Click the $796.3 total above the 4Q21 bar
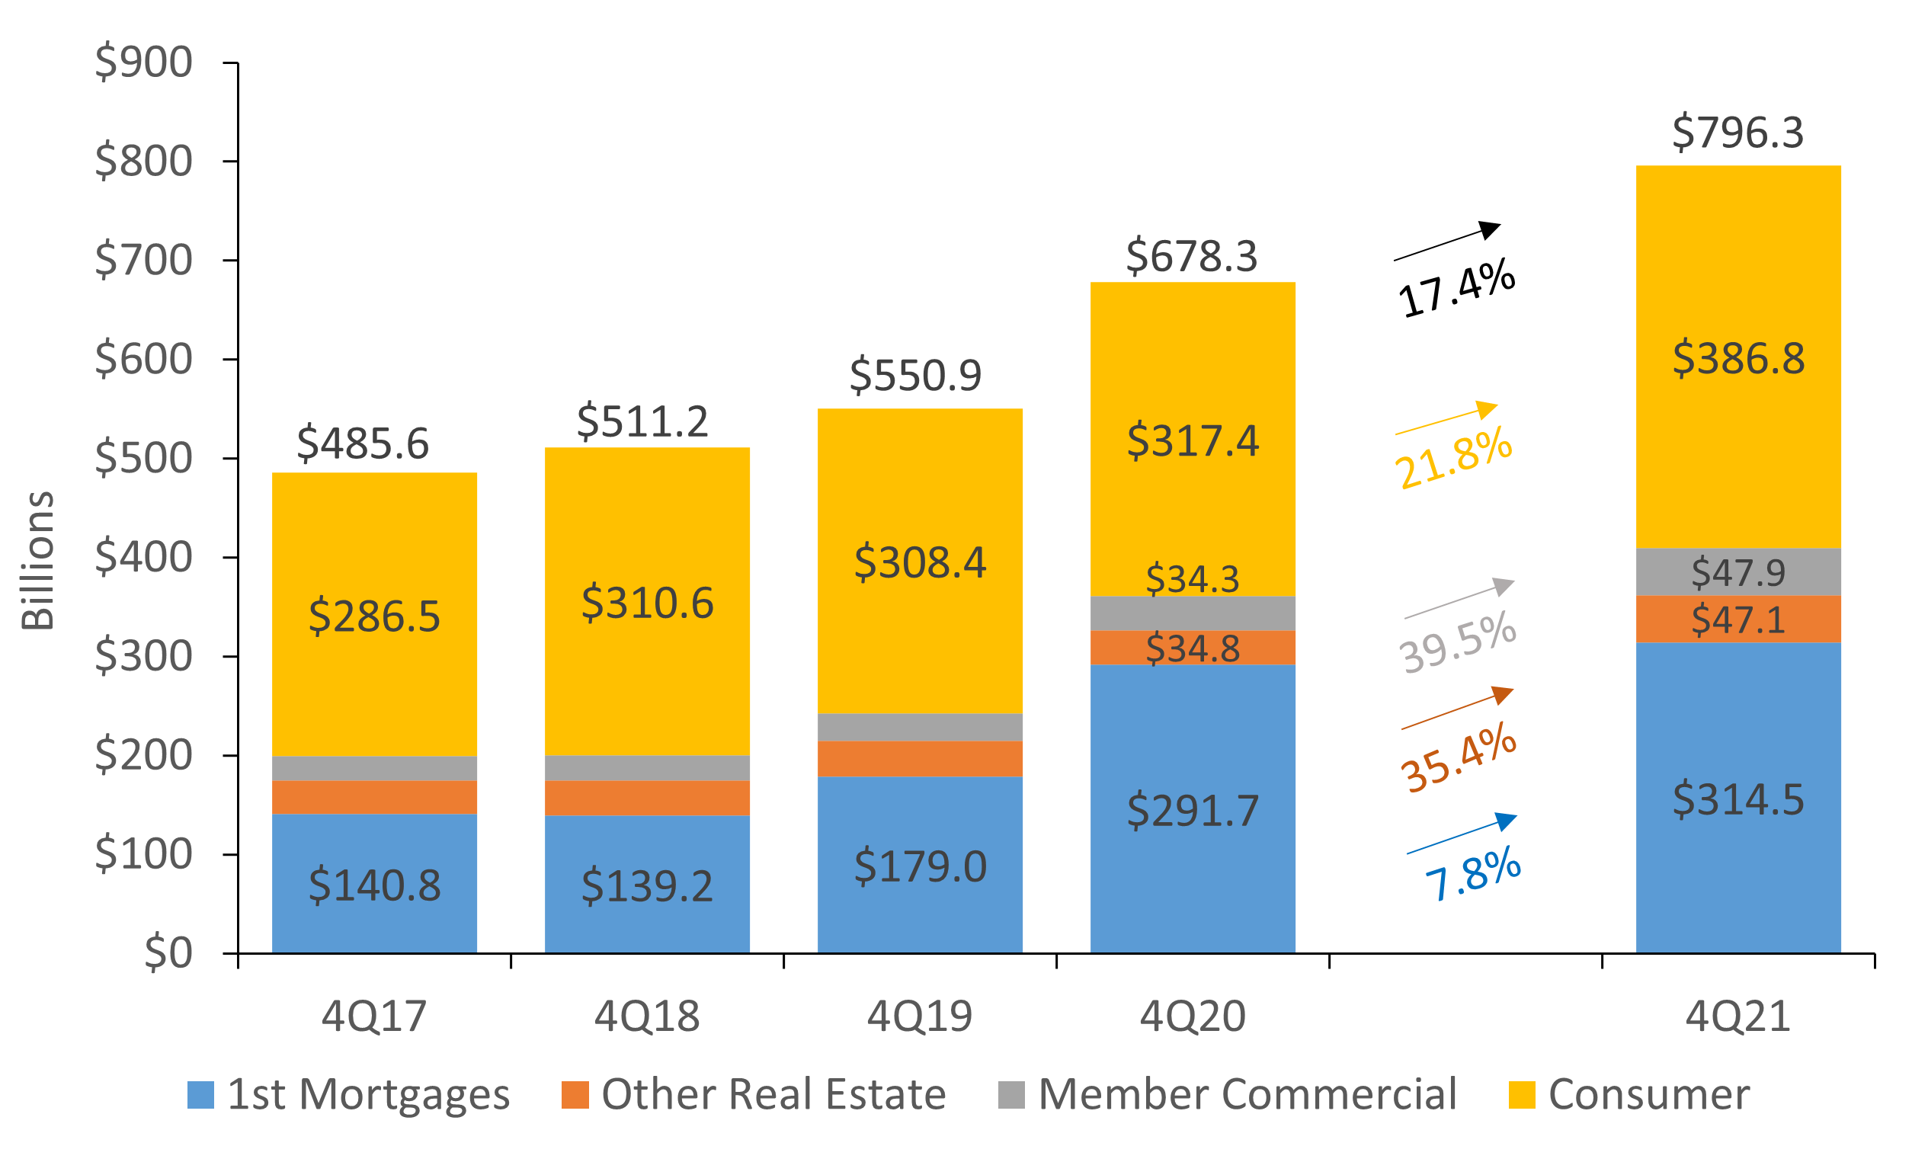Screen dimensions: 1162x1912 [x=1737, y=132]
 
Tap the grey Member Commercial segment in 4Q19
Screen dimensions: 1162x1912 [x=920, y=727]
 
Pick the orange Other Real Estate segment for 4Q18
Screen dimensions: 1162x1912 [x=646, y=798]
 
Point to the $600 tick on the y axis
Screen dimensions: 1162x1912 [x=143, y=359]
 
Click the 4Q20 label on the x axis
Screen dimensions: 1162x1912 [x=1192, y=1016]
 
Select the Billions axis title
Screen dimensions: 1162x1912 [x=37, y=560]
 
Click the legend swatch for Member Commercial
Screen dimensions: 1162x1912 [x=1011, y=1094]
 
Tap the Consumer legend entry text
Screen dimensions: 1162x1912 [x=1649, y=1094]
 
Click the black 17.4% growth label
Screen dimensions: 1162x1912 [x=1456, y=289]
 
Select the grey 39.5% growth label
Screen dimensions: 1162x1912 [x=1457, y=642]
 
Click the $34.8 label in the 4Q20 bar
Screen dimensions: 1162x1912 [x=1192, y=648]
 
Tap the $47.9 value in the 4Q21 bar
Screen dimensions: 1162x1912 [x=1737, y=572]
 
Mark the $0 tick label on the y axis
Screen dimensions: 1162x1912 [x=168, y=952]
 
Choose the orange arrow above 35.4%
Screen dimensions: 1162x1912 [x=1457, y=707]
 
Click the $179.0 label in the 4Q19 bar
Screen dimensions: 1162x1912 [x=920, y=866]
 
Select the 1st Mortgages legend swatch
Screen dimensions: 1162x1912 [x=201, y=1094]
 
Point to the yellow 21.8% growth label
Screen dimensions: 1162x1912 [x=1452, y=459]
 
